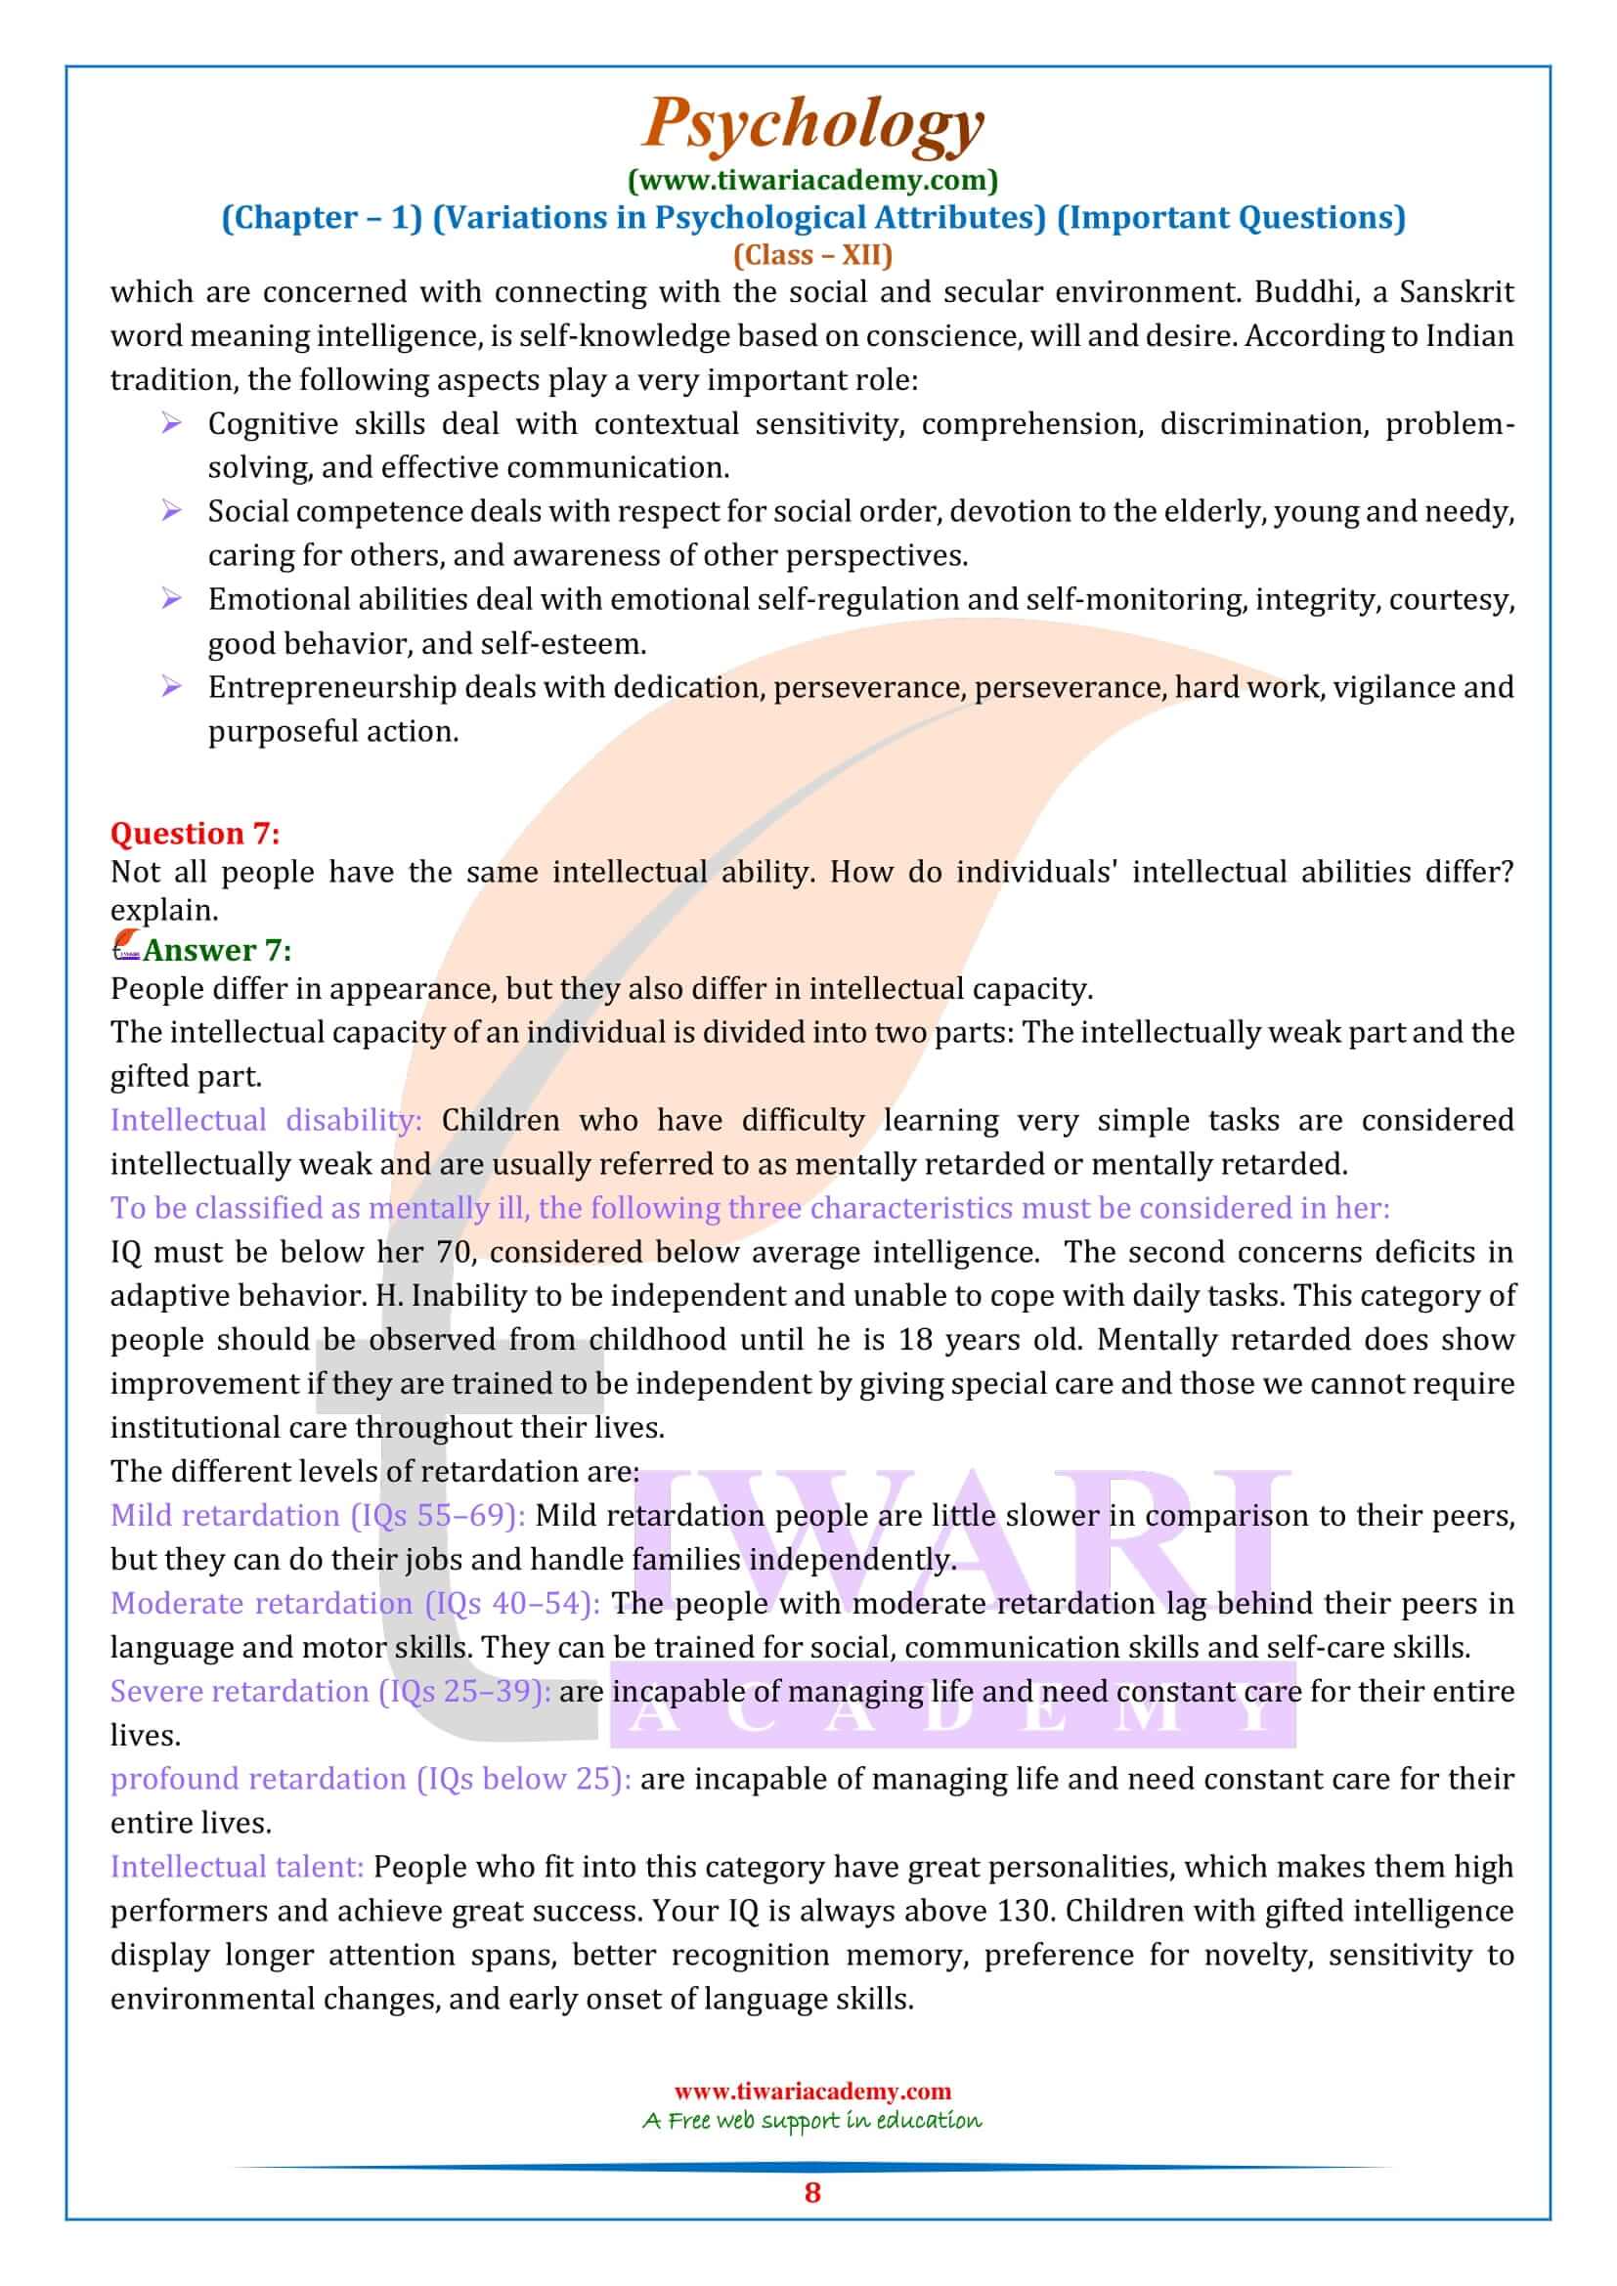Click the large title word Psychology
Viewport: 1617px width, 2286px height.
point(813,125)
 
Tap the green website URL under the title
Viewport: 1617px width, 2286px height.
point(812,180)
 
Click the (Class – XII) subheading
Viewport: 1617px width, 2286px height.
point(812,255)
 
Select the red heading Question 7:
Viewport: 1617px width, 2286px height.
point(196,833)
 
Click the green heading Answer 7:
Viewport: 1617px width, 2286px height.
point(217,950)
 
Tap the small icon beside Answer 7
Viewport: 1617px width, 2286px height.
point(125,946)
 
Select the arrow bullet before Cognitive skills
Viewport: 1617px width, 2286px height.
point(171,424)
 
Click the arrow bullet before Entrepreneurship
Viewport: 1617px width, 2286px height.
point(171,687)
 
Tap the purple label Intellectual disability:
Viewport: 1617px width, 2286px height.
point(266,1120)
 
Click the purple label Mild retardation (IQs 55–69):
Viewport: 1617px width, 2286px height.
point(318,1516)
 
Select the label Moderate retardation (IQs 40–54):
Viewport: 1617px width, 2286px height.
point(356,1603)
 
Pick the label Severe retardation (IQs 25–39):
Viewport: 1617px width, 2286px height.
point(330,1691)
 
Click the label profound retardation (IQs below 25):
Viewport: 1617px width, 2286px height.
point(371,1778)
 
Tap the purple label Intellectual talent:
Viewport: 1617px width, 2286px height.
point(237,1866)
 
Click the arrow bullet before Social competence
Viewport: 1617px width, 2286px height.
point(171,512)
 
